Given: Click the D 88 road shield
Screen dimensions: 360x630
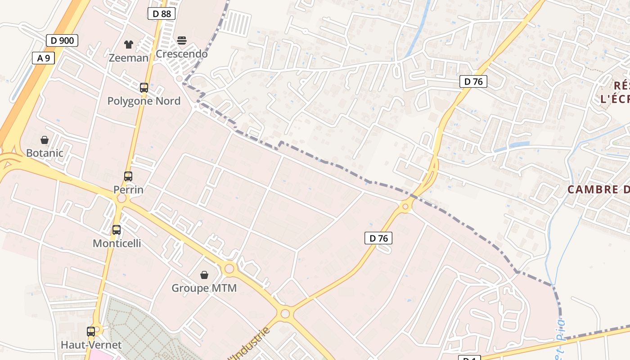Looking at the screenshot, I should pos(162,13).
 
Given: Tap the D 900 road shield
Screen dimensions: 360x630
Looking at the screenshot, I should pos(62,40).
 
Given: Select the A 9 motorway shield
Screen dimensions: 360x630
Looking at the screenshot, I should pos(43,58).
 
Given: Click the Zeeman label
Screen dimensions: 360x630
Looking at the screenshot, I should pos(128,58).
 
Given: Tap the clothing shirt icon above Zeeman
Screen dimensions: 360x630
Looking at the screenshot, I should pos(129,44).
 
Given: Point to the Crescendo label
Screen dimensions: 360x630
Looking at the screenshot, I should pos(181,54).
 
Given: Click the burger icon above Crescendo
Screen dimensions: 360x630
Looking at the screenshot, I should pos(182,40).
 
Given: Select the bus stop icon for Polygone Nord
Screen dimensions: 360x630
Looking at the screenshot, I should pos(144,88).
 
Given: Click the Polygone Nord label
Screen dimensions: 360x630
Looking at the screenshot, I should pos(144,101).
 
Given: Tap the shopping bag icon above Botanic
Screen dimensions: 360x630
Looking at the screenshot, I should pos(45,140).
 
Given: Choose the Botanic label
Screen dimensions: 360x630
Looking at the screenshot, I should pos(45,153).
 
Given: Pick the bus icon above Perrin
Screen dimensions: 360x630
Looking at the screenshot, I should pos(128,176).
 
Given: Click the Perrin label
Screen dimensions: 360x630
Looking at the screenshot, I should pos(128,189).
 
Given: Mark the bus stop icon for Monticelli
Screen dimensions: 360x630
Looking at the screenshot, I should pos(117,230).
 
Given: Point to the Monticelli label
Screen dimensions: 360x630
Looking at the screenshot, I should pos(117,243).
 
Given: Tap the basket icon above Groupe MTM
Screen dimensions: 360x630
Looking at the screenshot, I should pos(204,274).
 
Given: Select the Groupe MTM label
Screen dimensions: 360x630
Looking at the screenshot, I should pos(204,288).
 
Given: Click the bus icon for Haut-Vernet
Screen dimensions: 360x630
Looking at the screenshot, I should pos(91,332).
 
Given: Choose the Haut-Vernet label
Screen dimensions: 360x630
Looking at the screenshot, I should pos(91,345).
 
